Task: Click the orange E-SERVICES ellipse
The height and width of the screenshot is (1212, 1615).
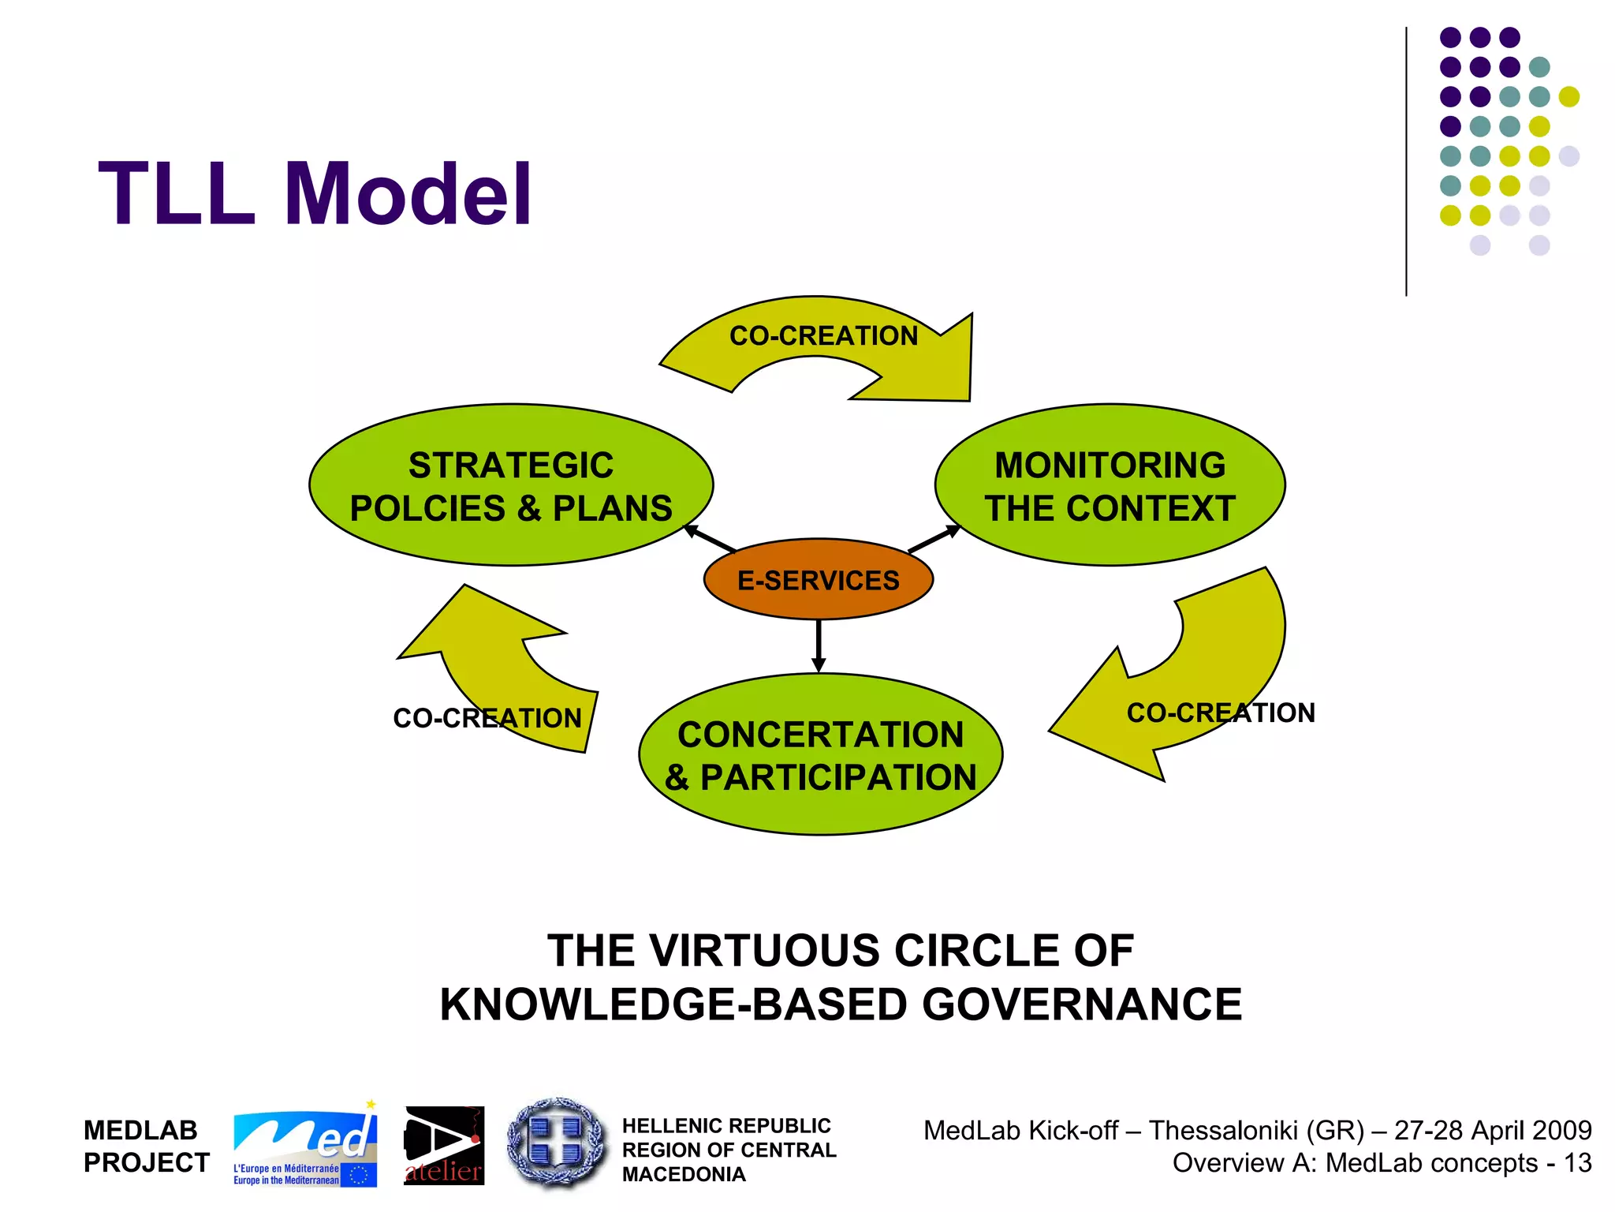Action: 818,580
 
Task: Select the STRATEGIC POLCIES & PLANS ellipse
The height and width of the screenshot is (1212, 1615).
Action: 511,485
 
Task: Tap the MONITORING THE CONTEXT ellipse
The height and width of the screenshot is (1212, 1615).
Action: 1110,485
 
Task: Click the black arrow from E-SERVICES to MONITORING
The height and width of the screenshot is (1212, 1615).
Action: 934,538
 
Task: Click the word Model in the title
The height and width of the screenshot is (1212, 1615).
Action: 408,193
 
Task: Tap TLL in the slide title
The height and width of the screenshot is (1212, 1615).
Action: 177,193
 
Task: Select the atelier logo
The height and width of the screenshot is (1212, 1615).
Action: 444,1146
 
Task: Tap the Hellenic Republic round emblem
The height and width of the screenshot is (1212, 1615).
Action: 556,1142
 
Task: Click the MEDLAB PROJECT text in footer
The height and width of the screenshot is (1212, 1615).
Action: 146,1147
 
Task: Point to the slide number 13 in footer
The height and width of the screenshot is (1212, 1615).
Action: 1578,1163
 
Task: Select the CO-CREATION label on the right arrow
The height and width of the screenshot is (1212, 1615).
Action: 1220,713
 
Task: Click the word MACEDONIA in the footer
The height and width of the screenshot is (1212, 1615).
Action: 684,1175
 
